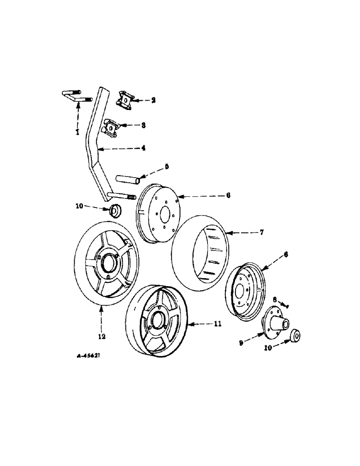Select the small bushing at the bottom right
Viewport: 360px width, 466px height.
295,336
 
